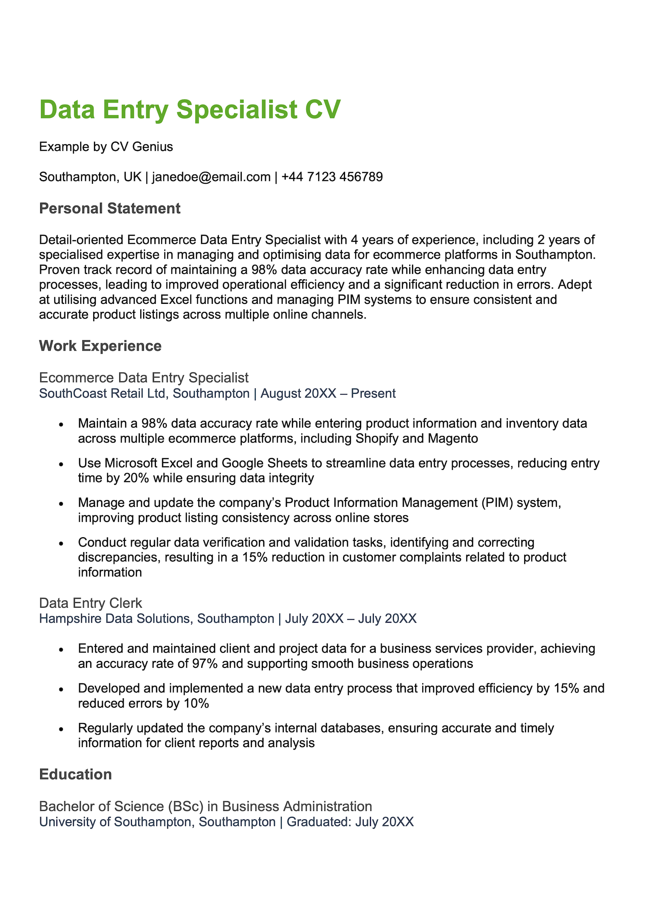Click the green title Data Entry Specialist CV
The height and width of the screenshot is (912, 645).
[x=190, y=110]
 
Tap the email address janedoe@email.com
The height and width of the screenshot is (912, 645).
[x=211, y=177]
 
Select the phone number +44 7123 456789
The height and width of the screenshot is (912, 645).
[x=332, y=177]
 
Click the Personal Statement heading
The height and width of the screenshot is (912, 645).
[x=110, y=208]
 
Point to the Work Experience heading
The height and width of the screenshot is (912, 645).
[x=100, y=346]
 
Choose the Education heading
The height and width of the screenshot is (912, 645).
[x=75, y=774]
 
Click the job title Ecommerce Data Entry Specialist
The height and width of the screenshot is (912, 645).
[x=144, y=378]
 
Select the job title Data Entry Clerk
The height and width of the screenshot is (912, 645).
[x=90, y=603]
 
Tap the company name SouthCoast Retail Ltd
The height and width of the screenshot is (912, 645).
[x=102, y=393]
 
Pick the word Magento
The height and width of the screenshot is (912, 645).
[x=453, y=438]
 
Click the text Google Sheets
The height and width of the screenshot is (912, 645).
[x=267, y=463]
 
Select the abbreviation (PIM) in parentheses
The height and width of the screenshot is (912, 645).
[x=497, y=503]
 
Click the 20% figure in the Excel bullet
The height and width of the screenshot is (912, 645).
[x=136, y=478]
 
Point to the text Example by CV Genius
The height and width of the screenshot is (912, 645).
[x=106, y=147]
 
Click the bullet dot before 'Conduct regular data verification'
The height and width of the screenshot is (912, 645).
[x=61, y=544]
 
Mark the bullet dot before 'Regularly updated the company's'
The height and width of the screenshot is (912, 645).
[x=61, y=729]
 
